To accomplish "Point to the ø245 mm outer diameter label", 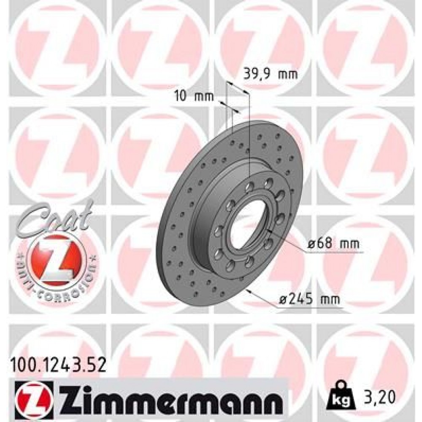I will [x=310, y=300].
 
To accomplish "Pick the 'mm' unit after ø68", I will [x=350, y=243].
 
